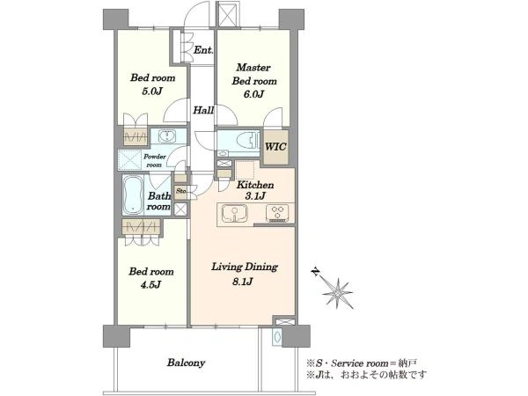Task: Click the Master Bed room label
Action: click(254, 74)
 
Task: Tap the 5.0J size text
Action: click(152, 92)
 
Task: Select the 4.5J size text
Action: click(150, 285)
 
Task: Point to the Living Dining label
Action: click(245, 267)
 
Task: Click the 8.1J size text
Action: click(243, 282)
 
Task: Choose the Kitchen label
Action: click(255, 185)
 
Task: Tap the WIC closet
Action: click(275, 147)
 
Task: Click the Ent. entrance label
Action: click(203, 50)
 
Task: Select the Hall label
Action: click(203, 110)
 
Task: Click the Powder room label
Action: click(155, 161)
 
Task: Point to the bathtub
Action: click(133, 195)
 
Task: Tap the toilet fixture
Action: click(247, 140)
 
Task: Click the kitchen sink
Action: click(234, 213)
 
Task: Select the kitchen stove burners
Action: click(277, 213)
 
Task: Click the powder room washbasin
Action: click(165, 136)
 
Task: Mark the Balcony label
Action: click(186, 363)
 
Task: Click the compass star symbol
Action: click(338, 292)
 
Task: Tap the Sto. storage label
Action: click(181, 191)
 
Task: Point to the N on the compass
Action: click(316, 271)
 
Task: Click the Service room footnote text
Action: click(362, 363)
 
